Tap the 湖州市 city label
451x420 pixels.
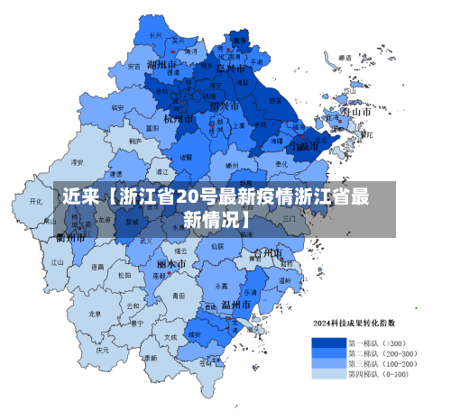click(162, 65)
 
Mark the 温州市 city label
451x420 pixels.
click(237, 306)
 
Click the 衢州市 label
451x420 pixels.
click(70, 238)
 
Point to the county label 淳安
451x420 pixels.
click(78, 162)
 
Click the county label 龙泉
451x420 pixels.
click(95, 314)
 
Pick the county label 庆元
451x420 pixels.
click(104, 349)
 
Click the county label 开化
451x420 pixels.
click(36, 202)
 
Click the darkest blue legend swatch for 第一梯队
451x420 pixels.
click(328, 342)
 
